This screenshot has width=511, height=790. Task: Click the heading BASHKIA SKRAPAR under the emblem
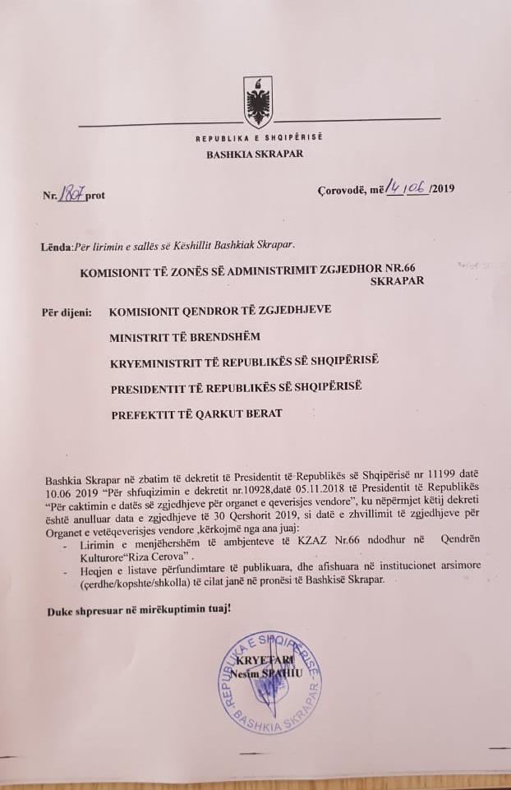coord(255,154)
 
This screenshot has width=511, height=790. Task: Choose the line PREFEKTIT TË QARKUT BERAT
coord(196,413)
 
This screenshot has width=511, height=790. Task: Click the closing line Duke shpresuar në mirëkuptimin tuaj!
coord(137,609)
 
